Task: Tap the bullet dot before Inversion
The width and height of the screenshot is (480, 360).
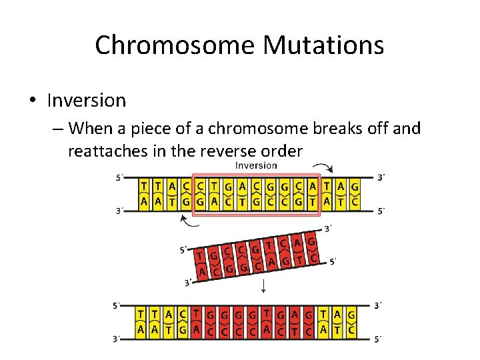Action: (32, 101)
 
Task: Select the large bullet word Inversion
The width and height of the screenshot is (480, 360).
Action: (87, 101)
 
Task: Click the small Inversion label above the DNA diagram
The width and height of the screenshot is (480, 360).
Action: (256, 165)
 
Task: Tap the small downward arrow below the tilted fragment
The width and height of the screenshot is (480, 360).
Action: (264, 287)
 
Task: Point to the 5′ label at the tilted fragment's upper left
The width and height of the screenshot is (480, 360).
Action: (183, 250)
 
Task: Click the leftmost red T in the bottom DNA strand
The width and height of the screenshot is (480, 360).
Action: (197, 314)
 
